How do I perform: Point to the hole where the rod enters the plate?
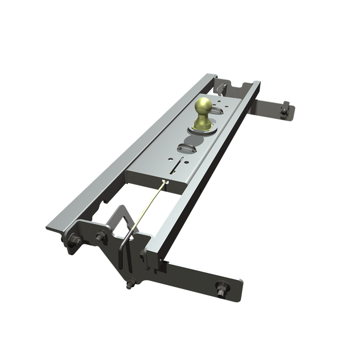pyautogui.click(x=166, y=182)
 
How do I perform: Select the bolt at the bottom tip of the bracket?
pyautogui.click(x=130, y=284)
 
